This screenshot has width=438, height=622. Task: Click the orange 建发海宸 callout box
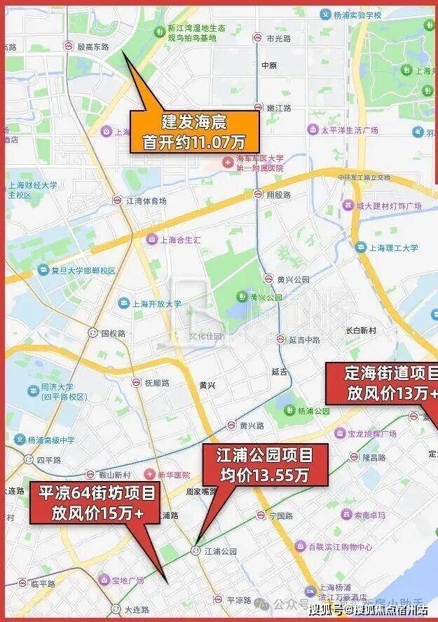point(194,132)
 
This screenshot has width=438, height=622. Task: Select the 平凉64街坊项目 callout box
point(97,503)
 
